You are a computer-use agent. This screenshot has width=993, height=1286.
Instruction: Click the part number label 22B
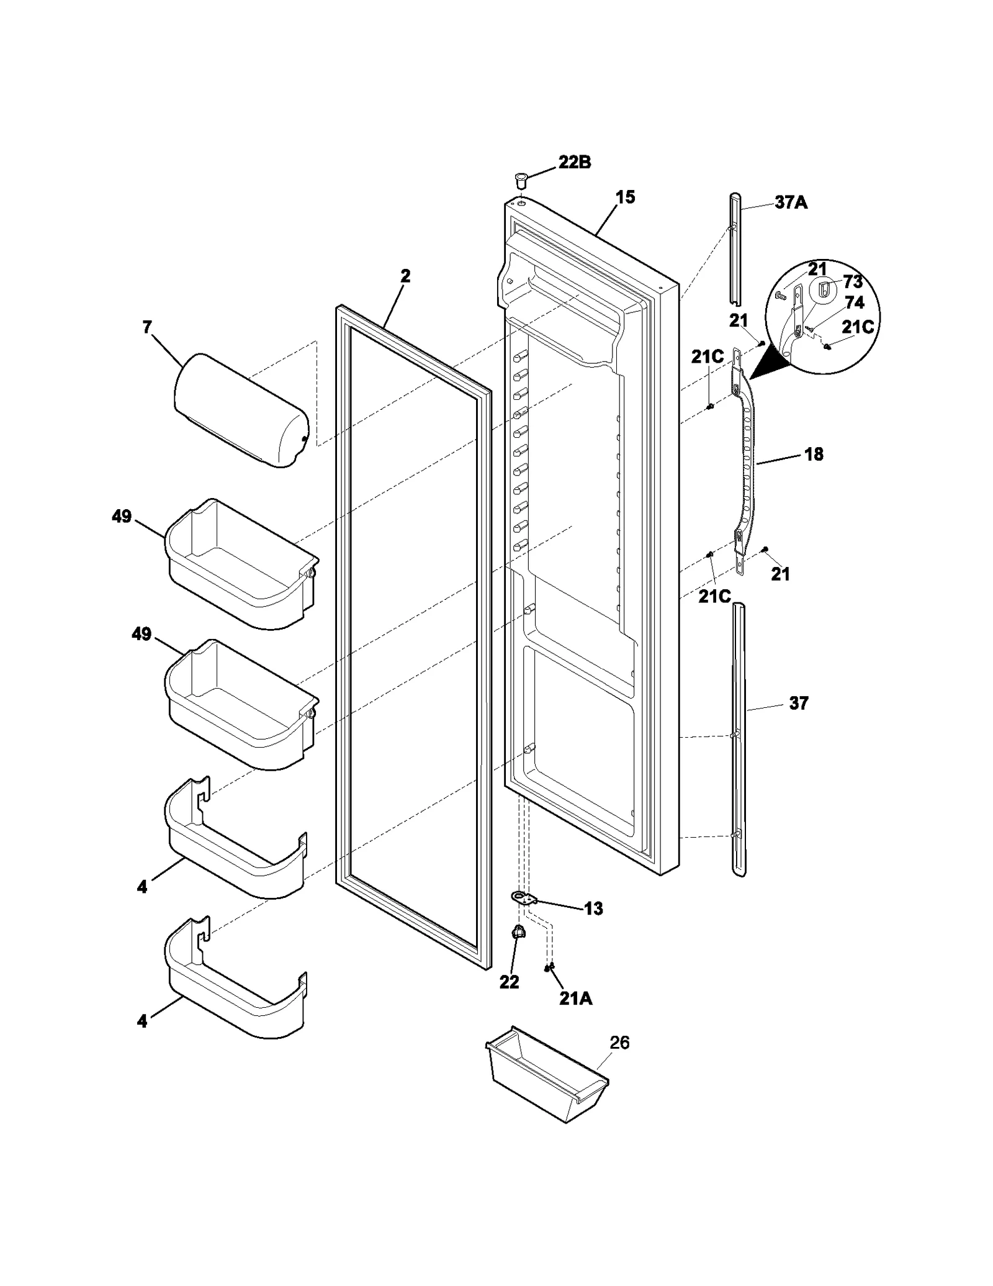574,163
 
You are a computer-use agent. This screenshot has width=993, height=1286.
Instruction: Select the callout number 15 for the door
625,197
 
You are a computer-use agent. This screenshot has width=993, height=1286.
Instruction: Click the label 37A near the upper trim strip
791,202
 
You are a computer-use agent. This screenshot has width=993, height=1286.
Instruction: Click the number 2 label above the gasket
405,276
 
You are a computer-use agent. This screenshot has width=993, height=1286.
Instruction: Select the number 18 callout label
814,455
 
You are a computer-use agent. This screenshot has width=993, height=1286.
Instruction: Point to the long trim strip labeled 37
739,739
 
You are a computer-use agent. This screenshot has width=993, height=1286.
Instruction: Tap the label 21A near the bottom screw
575,998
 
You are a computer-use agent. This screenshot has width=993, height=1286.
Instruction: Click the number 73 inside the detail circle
853,282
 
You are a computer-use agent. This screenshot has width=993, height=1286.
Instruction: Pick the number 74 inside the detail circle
854,302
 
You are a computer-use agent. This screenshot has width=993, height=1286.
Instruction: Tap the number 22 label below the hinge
509,982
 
